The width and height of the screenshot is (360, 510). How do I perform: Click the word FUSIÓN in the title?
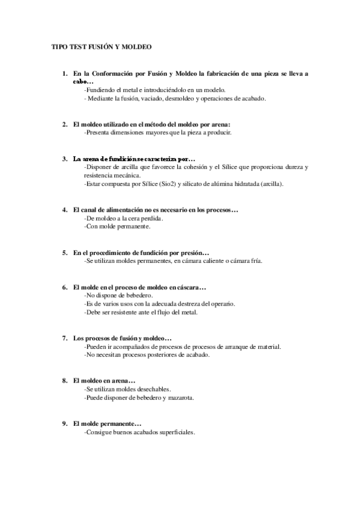click(x=103, y=46)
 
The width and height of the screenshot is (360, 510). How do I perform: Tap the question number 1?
click(x=65, y=73)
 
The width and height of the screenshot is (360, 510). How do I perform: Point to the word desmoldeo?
click(x=189, y=98)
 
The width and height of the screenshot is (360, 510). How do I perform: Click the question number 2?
click(x=65, y=124)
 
